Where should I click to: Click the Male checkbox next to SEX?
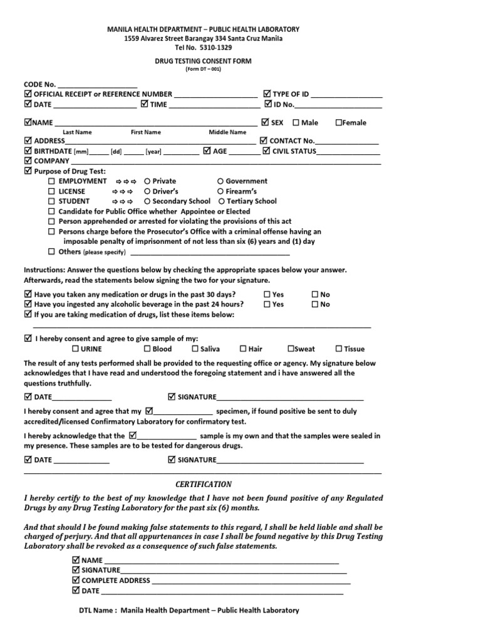pos(296,123)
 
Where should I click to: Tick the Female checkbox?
pos(339,123)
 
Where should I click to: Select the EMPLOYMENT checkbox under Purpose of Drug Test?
pos(52,181)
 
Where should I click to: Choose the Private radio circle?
pos(147,181)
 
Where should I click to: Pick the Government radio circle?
pos(220,181)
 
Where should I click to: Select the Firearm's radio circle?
pos(220,191)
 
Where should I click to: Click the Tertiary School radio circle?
pos(222,201)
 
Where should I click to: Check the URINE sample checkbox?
pos(75,349)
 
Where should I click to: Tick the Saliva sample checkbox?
pos(195,349)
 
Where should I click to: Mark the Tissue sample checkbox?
pos(339,349)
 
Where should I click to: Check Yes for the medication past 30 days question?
pos(267,294)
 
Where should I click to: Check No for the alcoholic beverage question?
pos(315,304)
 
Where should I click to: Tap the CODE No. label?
pos(40,84)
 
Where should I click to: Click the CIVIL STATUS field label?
pos(293,151)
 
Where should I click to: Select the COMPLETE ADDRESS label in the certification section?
pos(116,581)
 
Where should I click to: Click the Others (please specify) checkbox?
pos(52,252)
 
